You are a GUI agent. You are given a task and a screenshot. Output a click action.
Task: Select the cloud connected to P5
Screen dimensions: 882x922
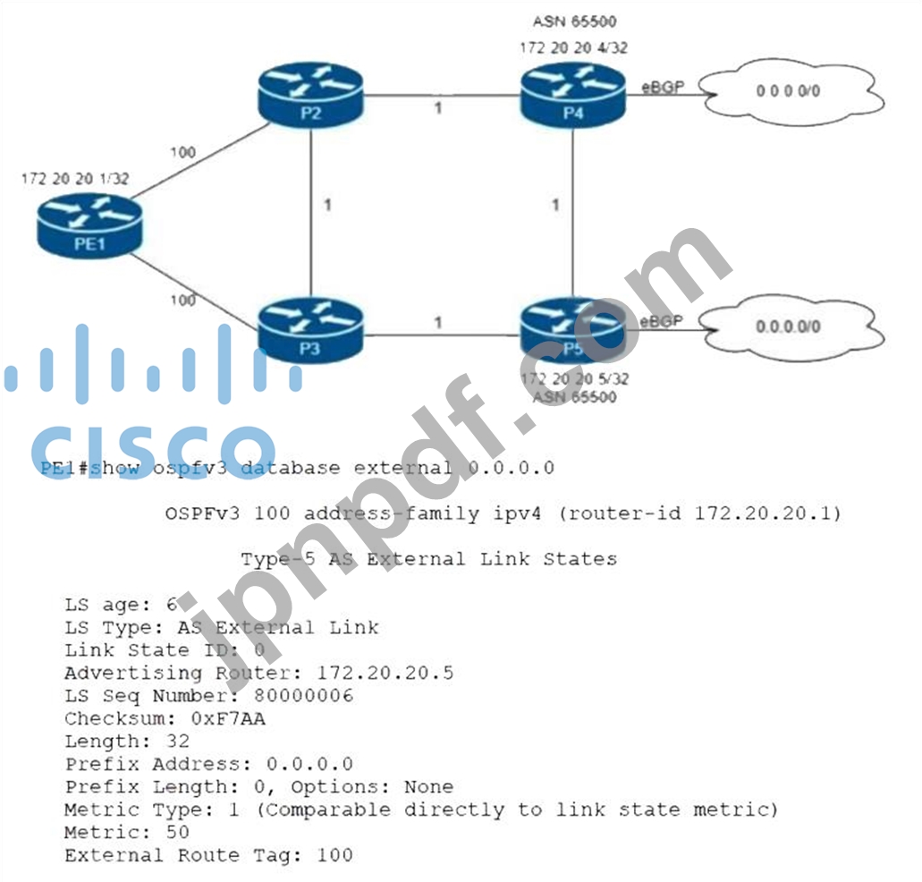(788, 327)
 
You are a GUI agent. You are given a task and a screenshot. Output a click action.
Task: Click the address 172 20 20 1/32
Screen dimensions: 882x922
(75, 179)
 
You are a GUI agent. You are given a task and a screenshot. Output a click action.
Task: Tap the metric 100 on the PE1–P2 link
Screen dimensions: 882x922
(182, 153)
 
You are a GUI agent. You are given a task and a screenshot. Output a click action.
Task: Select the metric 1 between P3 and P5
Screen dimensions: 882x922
(437, 322)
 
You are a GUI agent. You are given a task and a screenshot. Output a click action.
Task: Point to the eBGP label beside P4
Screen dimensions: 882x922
(663, 86)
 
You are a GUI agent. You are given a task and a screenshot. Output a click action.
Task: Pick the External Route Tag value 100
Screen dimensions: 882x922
(334, 855)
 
